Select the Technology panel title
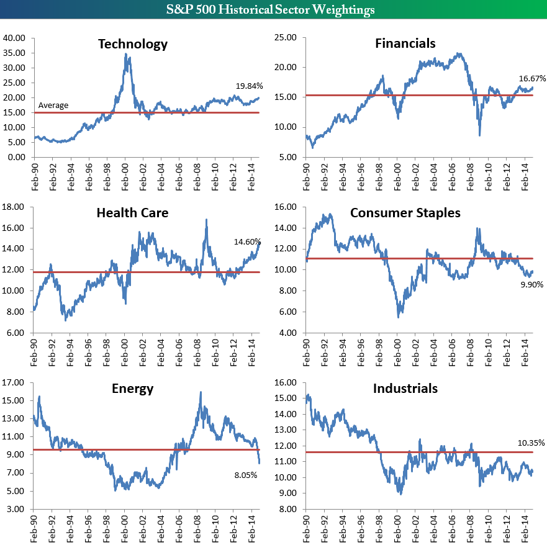[x=133, y=44]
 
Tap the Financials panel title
[x=405, y=43]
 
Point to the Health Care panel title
[x=132, y=213]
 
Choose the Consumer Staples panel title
[x=405, y=213]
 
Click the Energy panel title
[x=132, y=389]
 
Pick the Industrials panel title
[x=405, y=389]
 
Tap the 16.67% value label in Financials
[x=532, y=79]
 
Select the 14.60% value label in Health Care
[x=247, y=241]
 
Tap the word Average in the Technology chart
[x=53, y=106]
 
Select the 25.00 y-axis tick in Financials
[x=287, y=38]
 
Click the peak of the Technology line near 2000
[x=126, y=54]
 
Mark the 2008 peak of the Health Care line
[x=206, y=220]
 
